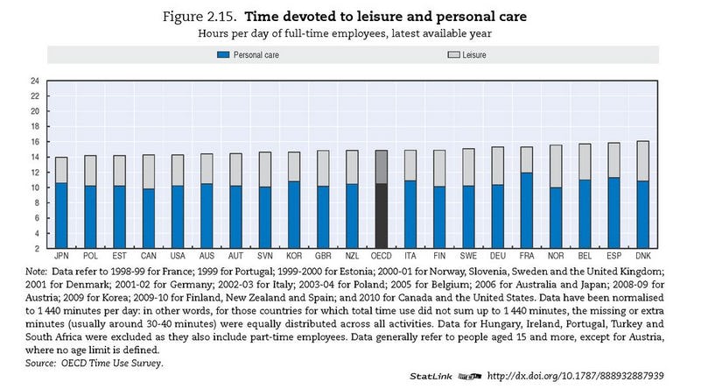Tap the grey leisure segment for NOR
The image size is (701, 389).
556,166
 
